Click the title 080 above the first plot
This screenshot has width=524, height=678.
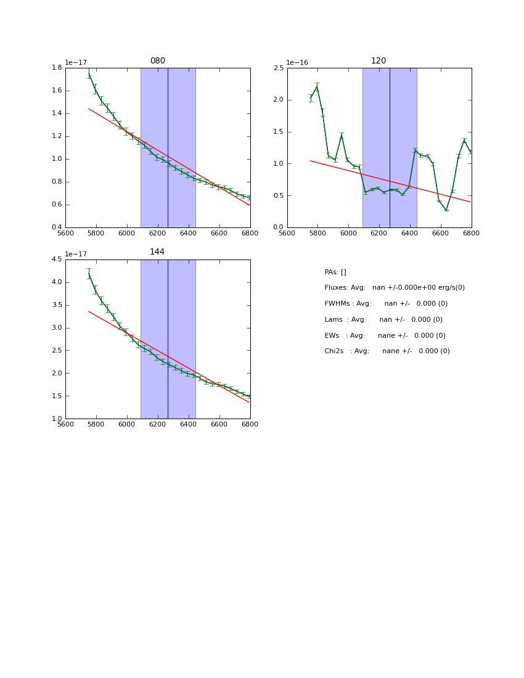pos(158,61)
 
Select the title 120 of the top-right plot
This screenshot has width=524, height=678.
pos(379,61)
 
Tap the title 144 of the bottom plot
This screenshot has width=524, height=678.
pos(158,252)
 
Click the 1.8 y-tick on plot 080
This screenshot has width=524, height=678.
pos(55,68)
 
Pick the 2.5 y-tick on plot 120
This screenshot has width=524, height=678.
pos(278,68)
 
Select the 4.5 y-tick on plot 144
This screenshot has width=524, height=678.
pos(55,259)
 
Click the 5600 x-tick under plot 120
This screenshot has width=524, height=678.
pos(287,234)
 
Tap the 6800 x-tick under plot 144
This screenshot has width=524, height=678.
pos(250,425)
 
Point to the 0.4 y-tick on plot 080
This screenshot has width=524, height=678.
pos(55,227)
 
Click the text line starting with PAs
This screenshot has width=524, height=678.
pos(335,272)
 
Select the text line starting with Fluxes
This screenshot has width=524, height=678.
pos(395,288)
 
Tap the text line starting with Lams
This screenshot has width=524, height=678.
pos(383,320)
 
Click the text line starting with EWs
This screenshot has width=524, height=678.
pos(385,336)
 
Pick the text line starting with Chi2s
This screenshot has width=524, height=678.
pos(387,351)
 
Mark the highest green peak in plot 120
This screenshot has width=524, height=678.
pos(317,87)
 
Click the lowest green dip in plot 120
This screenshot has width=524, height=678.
pos(446,210)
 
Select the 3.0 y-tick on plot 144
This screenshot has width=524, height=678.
pos(55,328)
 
